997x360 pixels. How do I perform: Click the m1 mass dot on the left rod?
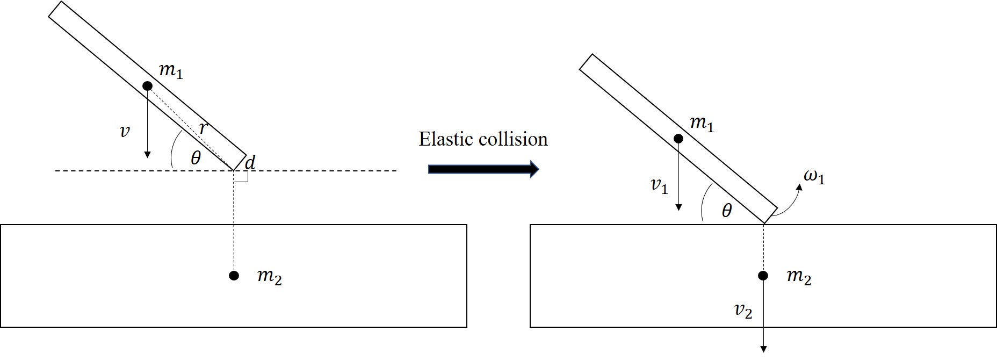pyautogui.click(x=147, y=86)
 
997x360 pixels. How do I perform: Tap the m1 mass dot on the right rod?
pyautogui.click(x=678, y=139)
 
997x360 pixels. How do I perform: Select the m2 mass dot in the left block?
pyautogui.click(x=234, y=276)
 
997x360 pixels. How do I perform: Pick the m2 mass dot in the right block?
pyautogui.click(x=763, y=276)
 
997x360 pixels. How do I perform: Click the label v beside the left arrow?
pyautogui.click(x=125, y=131)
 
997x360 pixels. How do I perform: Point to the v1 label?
pyautogui.click(x=659, y=186)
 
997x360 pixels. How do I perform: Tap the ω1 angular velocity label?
pyautogui.click(x=814, y=177)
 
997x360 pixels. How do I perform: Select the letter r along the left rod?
pyautogui.click(x=203, y=128)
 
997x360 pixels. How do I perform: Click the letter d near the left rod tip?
pyautogui.click(x=250, y=162)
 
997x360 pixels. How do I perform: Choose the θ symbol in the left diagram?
pyautogui.click(x=196, y=158)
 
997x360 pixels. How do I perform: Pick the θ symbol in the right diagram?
pyautogui.click(x=727, y=211)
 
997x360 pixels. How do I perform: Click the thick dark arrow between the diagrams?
pyautogui.click(x=483, y=169)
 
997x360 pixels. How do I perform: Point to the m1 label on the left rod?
pyautogui.click(x=171, y=71)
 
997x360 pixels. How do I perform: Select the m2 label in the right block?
pyautogui.click(x=799, y=277)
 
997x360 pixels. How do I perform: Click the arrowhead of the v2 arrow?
pyautogui.click(x=763, y=349)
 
